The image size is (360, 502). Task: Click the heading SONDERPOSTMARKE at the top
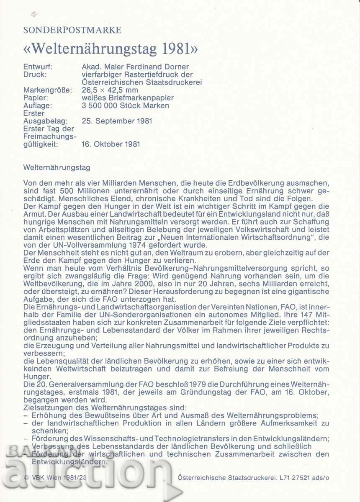point(72,30)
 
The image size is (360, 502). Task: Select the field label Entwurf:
point(38,67)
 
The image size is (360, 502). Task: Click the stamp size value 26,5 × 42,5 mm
point(110,90)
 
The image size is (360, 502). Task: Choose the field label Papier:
point(36,98)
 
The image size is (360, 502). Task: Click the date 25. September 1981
point(117,121)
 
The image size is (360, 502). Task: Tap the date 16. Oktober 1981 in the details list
point(111,144)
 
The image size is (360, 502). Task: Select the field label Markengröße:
point(48,90)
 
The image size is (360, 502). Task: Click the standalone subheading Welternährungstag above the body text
point(57,167)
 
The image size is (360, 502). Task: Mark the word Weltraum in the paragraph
point(188,253)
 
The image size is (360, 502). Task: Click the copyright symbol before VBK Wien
point(26,477)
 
